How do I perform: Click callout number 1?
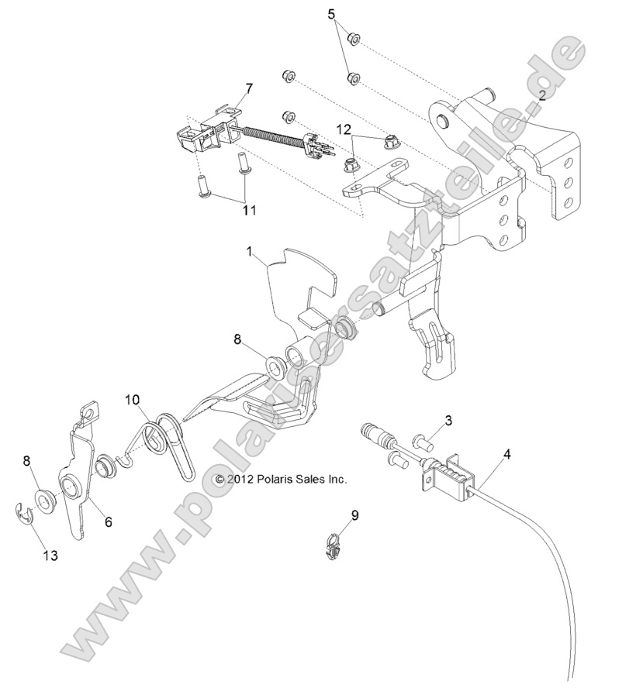pyautogui.click(x=250, y=251)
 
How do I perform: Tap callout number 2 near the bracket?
pyautogui.click(x=541, y=95)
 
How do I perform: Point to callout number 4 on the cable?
pyautogui.click(x=507, y=454)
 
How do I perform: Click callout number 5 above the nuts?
pyautogui.click(x=332, y=14)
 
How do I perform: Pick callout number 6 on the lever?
pyautogui.click(x=108, y=522)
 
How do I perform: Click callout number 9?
pyautogui.click(x=354, y=514)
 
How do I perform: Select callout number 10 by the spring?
pyautogui.click(x=132, y=400)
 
